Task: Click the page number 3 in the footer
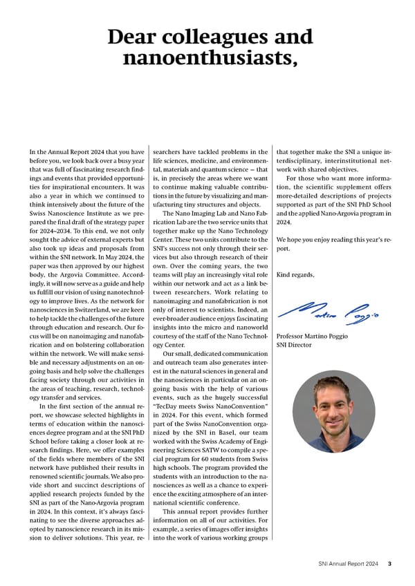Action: pos(389,563)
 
